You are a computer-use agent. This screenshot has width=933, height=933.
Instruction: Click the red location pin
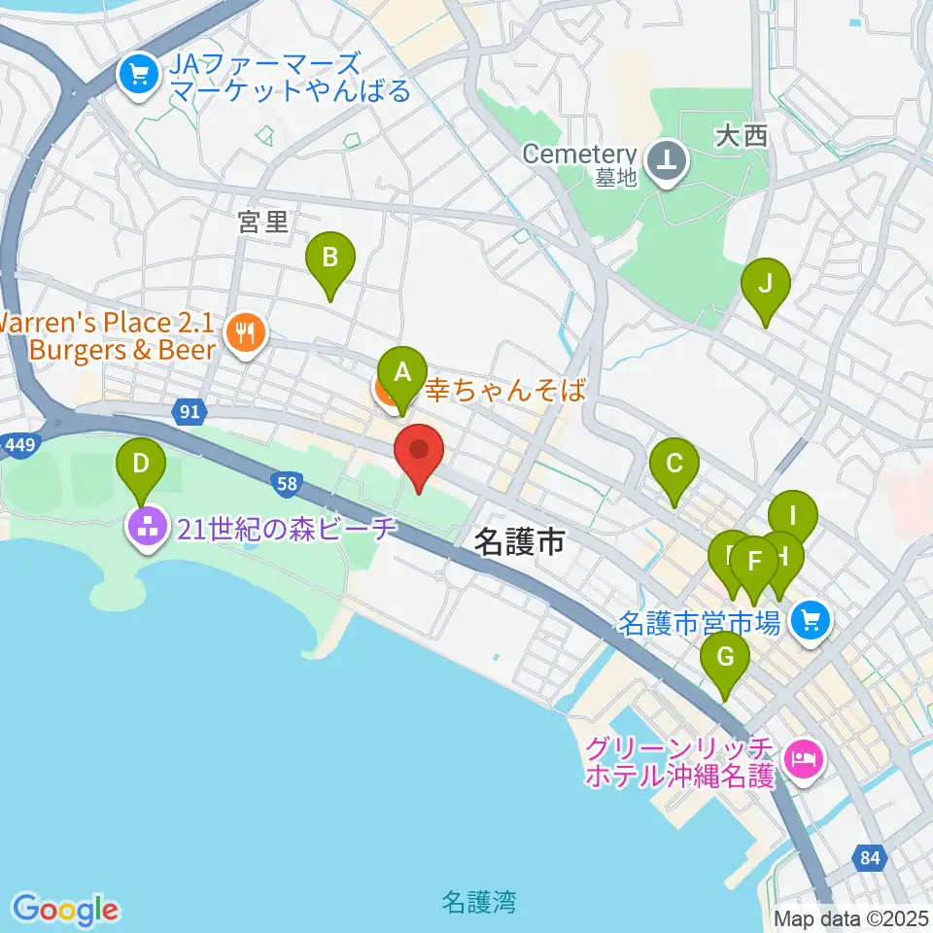pos(419,451)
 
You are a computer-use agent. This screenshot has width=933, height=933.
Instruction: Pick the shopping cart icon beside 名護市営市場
pos(810,618)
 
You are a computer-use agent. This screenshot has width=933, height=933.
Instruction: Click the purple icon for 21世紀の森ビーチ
pos(147,529)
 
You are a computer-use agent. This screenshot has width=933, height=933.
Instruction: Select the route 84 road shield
pos(871,857)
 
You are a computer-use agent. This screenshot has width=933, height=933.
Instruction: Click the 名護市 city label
pos(520,543)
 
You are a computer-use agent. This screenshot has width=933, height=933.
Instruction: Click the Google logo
pos(65,910)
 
